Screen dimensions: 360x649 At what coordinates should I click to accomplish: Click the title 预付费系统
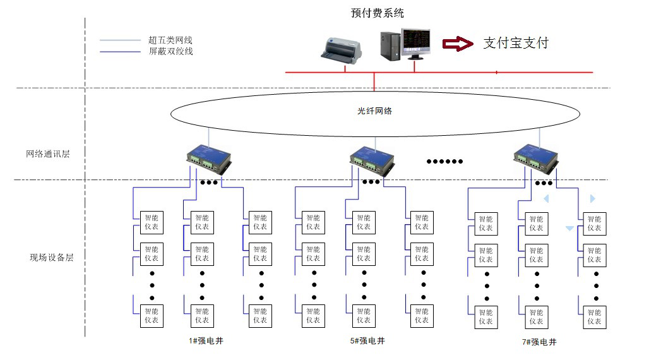(x=377, y=13)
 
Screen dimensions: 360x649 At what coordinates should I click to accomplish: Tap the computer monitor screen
(x=417, y=41)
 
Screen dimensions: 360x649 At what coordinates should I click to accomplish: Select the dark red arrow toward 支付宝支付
(x=457, y=43)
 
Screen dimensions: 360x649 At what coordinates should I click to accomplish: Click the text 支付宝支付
(x=515, y=43)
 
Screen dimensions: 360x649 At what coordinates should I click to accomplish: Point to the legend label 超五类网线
(x=170, y=40)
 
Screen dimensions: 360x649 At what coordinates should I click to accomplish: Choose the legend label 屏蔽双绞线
(x=170, y=51)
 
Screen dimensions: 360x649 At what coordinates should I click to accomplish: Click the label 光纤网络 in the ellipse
(x=375, y=111)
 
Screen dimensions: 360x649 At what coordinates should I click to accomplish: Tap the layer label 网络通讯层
(x=47, y=153)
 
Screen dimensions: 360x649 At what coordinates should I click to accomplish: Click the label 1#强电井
(x=206, y=342)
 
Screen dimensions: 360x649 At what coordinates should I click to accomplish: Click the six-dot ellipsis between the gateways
(x=445, y=162)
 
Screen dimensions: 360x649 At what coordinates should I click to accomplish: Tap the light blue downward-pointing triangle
(x=569, y=229)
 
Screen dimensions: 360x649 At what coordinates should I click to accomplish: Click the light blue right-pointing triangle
(x=592, y=198)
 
